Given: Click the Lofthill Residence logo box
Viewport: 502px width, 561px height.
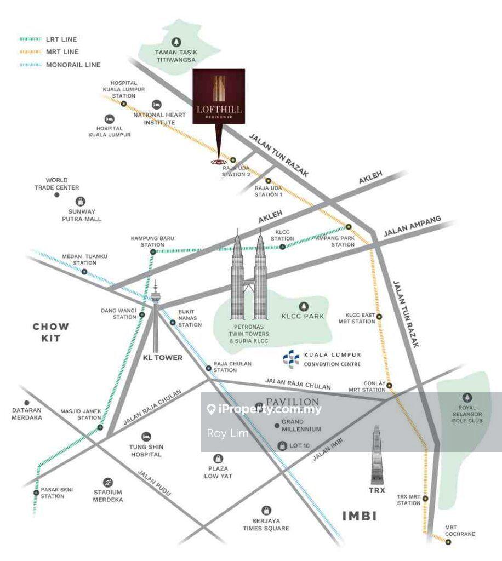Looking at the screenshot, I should [x=219, y=97].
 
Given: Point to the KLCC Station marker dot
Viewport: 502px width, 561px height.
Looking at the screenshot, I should [x=282, y=247].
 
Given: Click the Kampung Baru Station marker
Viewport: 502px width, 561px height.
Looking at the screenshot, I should [x=153, y=252].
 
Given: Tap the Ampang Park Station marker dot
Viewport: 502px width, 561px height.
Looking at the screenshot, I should [x=348, y=227].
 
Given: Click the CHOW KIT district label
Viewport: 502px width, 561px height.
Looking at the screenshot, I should [x=51, y=332].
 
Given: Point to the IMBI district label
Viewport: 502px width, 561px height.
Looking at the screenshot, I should [x=360, y=516].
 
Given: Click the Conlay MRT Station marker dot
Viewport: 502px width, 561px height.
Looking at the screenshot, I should [x=390, y=386].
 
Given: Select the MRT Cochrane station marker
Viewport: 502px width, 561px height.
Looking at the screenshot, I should [x=448, y=542].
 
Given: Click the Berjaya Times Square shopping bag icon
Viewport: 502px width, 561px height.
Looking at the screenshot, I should [x=266, y=510].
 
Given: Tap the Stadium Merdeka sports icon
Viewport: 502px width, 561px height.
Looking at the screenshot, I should [x=108, y=482].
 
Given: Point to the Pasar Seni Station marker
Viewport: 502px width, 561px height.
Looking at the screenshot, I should [x=36, y=493].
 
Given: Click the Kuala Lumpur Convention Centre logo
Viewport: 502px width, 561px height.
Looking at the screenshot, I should [x=290, y=359].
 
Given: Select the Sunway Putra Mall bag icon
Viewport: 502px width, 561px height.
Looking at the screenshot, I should [x=81, y=202].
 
